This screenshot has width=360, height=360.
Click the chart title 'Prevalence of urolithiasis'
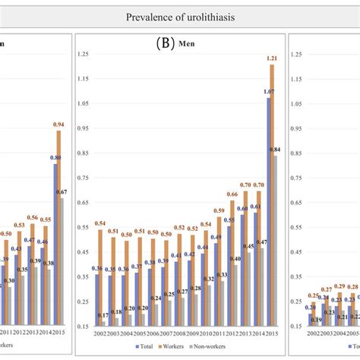pyautogui.click(x=179, y=16)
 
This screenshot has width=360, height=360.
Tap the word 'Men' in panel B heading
pyautogui.click(x=188, y=44)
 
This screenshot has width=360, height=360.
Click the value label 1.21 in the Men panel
pyautogui.click(x=271, y=58)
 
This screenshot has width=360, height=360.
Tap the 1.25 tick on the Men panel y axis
pyautogui.click(x=84, y=53)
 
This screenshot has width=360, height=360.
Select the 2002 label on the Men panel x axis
pyautogui.click(x=100, y=333)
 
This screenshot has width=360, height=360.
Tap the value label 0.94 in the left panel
pyautogui.click(x=57, y=124)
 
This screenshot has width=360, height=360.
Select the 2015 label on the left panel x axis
pyautogui.click(x=59, y=333)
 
